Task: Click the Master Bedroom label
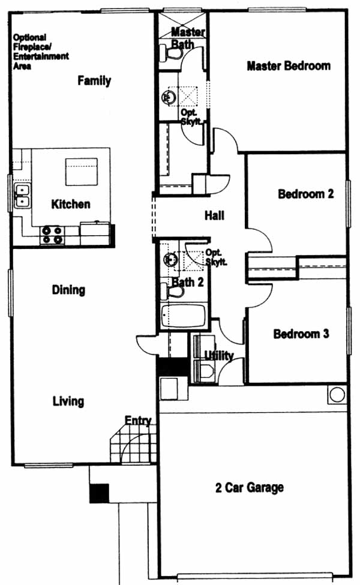pos(289,66)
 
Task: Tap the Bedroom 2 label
pos(306,194)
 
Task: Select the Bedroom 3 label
pos(301,334)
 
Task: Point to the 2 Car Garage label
pos(250,488)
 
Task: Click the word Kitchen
pos(71,204)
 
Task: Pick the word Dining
pos(68,290)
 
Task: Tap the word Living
pos(68,401)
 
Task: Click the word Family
pos(94,80)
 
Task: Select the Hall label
pos(215,215)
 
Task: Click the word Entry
pos(138,421)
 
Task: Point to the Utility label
pos(220,356)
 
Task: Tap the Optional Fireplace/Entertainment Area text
pos(41,52)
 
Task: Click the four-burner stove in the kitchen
pos(52,235)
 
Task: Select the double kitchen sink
pos(22,196)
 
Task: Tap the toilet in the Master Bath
pos(170,53)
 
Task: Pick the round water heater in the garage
pos(337,395)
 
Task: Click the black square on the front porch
pos(100,493)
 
